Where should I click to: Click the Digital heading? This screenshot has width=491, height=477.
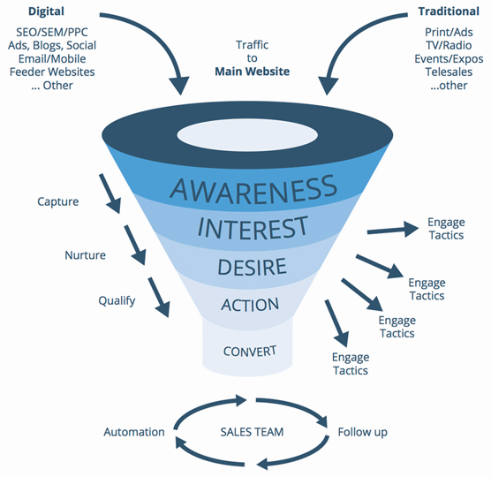point(46,11)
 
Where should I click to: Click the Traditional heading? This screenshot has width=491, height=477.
point(449,11)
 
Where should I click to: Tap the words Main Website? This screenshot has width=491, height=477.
point(252,72)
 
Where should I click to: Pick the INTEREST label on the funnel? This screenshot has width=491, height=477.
point(253,228)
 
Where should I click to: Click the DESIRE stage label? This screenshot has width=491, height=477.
point(252,267)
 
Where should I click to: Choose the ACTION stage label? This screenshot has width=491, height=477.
point(250,305)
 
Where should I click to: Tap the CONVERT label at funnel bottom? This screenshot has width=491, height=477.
point(250,351)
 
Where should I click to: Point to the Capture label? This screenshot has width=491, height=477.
point(58,201)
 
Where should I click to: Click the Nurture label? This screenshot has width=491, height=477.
point(85,255)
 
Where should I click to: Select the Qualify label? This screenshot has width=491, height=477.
point(117,301)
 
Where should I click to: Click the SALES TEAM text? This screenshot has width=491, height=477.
point(252,432)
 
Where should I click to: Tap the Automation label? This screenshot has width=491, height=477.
point(134,432)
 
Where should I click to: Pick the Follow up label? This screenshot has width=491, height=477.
point(363,432)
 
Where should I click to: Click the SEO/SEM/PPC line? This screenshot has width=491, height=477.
point(52,33)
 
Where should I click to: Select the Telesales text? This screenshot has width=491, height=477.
point(449,72)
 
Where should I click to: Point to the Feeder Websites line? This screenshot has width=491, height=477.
point(52,72)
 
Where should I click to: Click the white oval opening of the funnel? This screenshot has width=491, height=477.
point(247,135)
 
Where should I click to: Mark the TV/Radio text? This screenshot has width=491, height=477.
point(449,45)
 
